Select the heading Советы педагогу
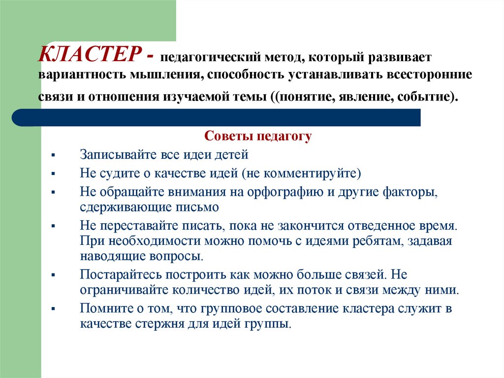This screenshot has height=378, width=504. point(258,136)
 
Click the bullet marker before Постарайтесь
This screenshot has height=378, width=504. point(53,275)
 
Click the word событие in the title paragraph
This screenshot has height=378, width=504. point(428,96)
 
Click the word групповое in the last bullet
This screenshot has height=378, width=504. point(231,309)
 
